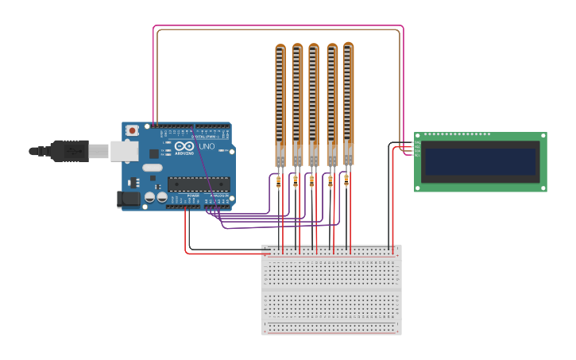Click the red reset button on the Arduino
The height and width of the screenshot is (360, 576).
[132, 130]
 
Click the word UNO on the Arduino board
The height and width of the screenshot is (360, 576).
[206, 146]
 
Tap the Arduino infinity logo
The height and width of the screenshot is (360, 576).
[185, 147]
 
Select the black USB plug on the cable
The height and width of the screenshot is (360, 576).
[68, 150]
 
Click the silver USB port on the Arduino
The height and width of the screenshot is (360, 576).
[122, 151]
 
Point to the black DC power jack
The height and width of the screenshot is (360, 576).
[128, 199]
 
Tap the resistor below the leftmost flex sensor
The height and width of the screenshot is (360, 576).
[278, 183]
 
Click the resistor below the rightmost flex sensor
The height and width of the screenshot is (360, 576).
[346, 180]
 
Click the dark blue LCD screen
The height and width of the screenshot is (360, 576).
[481, 161]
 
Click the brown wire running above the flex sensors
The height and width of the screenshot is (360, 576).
[278, 31]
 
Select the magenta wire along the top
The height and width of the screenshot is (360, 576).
[278, 25]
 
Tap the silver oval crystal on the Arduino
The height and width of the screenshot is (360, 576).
[153, 168]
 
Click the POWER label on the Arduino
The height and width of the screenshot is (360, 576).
[193, 195]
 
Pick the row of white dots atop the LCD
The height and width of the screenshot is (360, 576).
[457, 134]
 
